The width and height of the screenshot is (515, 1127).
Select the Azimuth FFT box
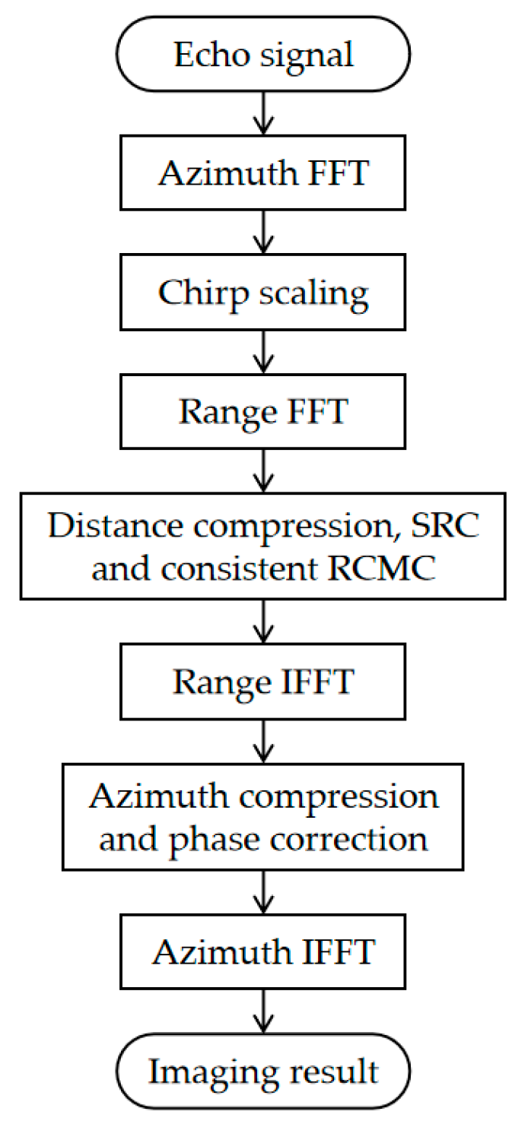[x=263, y=173]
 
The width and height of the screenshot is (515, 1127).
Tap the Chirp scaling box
[x=263, y=293]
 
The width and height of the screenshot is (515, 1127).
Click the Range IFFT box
[x=263, y=682]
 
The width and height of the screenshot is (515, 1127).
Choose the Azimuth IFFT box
[x=263, y=951]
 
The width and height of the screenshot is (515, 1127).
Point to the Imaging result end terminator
[x=263, y=1072]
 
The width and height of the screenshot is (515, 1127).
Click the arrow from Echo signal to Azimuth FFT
[x=263, y=114]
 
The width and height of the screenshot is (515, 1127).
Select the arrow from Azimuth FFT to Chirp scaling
[x=263, y=233]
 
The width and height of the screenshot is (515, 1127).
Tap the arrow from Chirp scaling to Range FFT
[x=263, y=353]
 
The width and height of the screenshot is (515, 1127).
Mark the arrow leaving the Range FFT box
[x=263, y=471]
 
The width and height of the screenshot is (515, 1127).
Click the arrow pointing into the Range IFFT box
[x=263, y=622]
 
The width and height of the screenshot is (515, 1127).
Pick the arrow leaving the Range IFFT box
[x=263, y=741]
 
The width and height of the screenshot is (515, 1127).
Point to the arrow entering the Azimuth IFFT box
[x=263, y=892]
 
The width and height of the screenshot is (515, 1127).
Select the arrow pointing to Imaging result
[x=263, y=1011]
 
